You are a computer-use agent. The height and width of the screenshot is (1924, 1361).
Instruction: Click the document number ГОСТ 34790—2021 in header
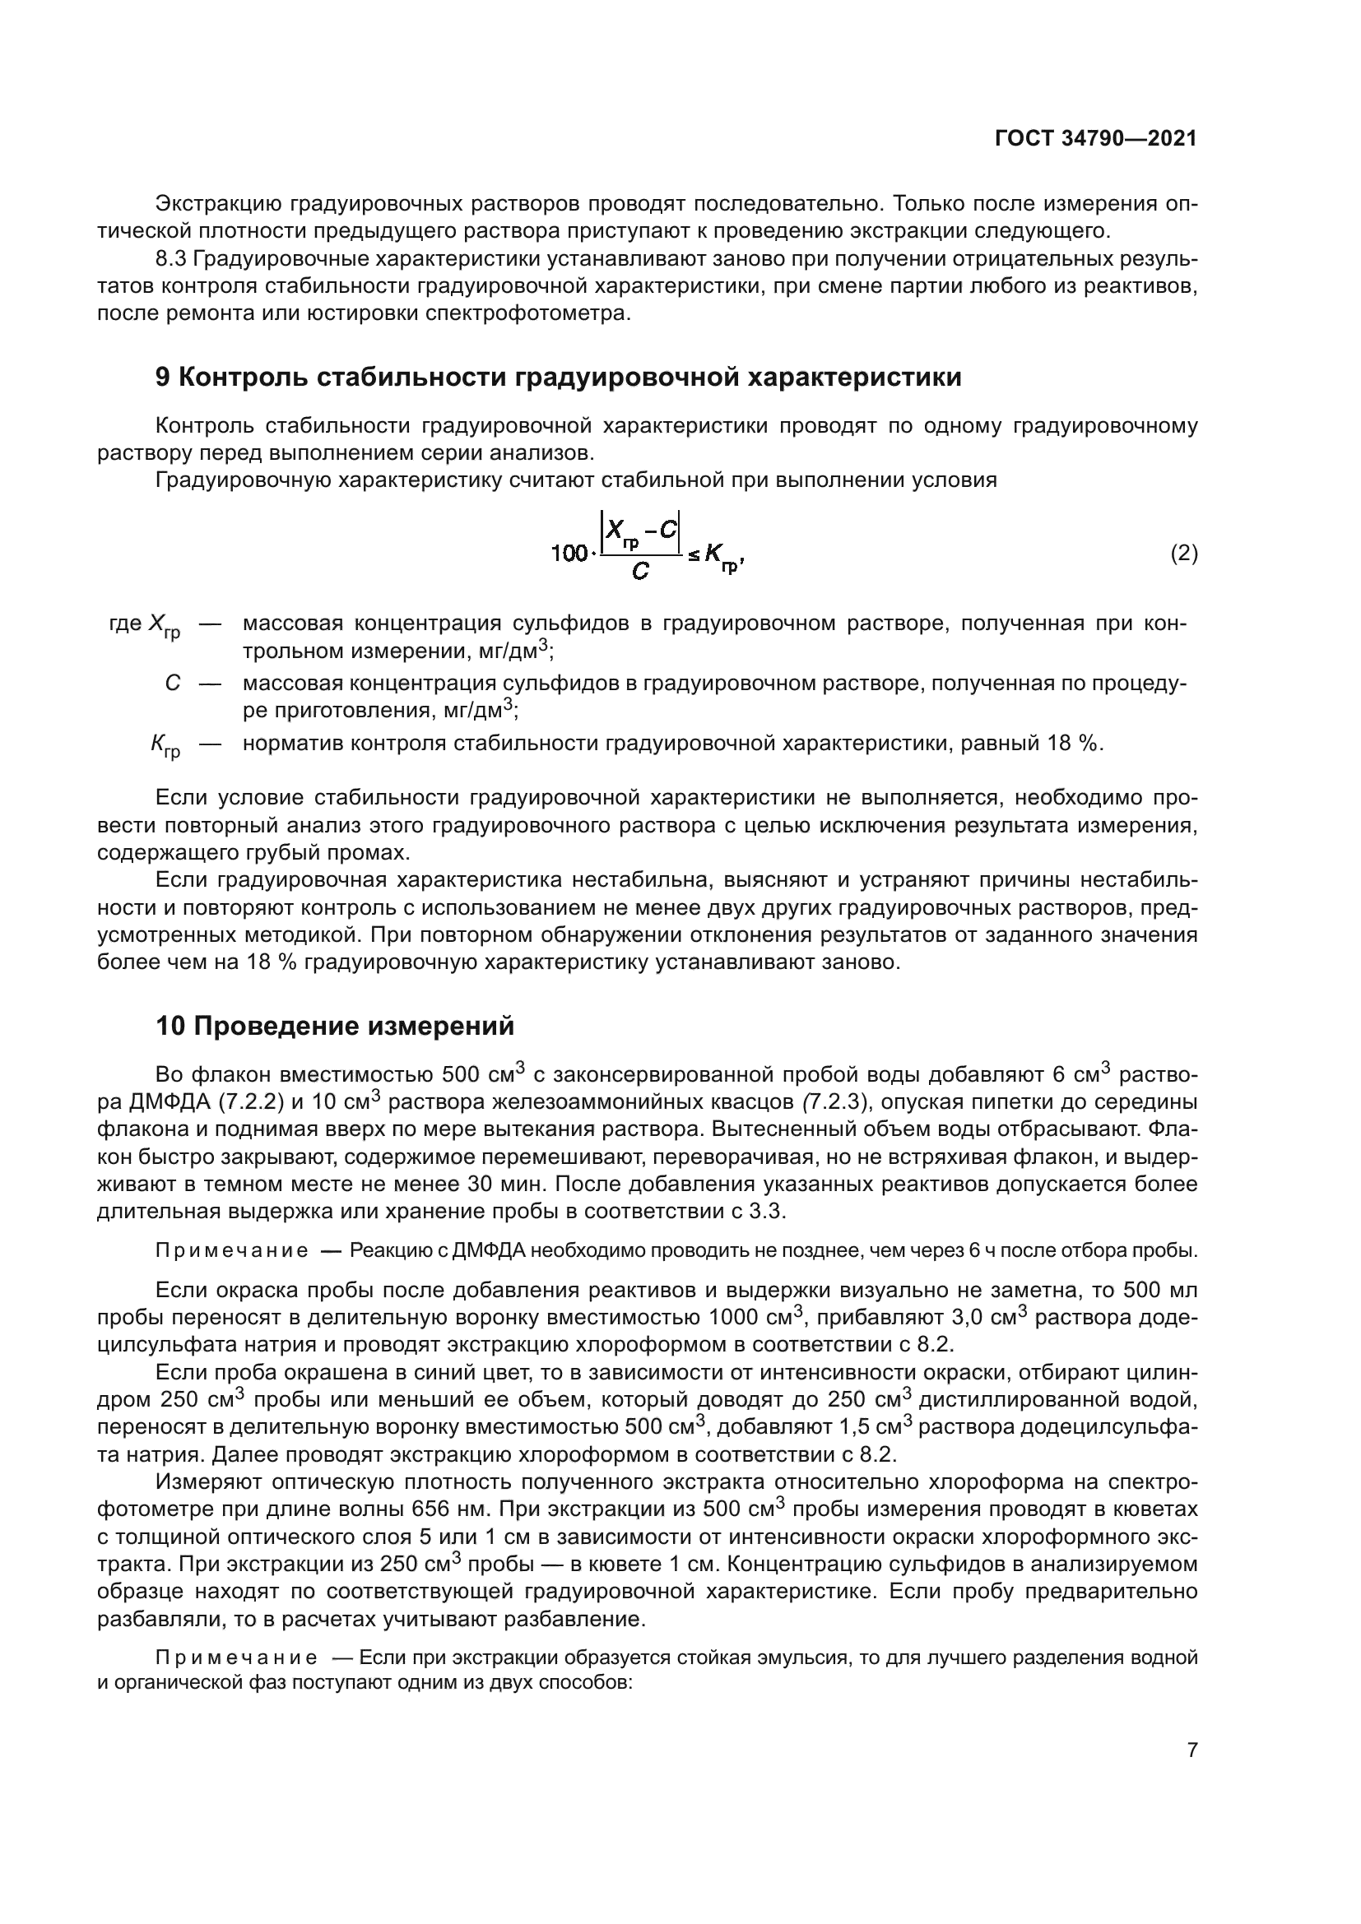(x=1095, y=139)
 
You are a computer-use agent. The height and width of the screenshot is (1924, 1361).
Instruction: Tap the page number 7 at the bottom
(x=1191, y=1750)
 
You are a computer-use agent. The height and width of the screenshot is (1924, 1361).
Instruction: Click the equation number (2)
(x=1183, y=553)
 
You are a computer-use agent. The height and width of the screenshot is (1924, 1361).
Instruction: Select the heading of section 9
(x=558, y=378)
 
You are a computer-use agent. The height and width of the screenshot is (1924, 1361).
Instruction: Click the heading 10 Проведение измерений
(x=334, y=1026)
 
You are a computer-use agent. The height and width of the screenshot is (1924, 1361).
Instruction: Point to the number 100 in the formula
(x=569, y=554)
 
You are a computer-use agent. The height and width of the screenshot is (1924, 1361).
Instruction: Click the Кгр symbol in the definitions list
(x=165, y=745)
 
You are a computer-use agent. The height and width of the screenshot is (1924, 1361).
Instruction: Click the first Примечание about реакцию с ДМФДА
(x=232, y=1251)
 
